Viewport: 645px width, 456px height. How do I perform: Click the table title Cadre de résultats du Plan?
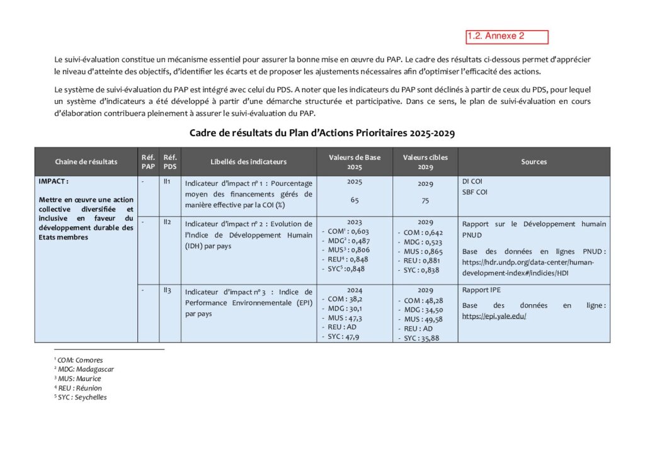click(322, 134)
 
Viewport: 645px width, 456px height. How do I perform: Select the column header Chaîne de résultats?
click(86, 162)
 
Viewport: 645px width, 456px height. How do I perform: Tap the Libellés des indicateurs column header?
click(248, 162)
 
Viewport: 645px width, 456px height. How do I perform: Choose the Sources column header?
click(534, 162)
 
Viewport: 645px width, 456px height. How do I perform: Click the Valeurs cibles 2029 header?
click(425, 162)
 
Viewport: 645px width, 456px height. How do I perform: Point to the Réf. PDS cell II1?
click(167, 181)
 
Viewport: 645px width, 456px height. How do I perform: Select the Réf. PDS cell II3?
click(167, 290)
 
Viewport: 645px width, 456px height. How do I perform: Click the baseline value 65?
click(355, 199)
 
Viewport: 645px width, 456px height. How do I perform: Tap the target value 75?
click(425, 200)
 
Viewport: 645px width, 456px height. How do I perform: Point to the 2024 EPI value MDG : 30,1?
click(344, 309)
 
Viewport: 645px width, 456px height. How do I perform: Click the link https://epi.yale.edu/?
click(494, 316)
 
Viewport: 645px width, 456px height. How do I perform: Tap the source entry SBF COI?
click(474, 192)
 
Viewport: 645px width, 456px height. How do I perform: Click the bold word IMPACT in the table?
click(53, 181)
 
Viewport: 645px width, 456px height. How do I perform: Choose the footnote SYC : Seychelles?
click(83, 397)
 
